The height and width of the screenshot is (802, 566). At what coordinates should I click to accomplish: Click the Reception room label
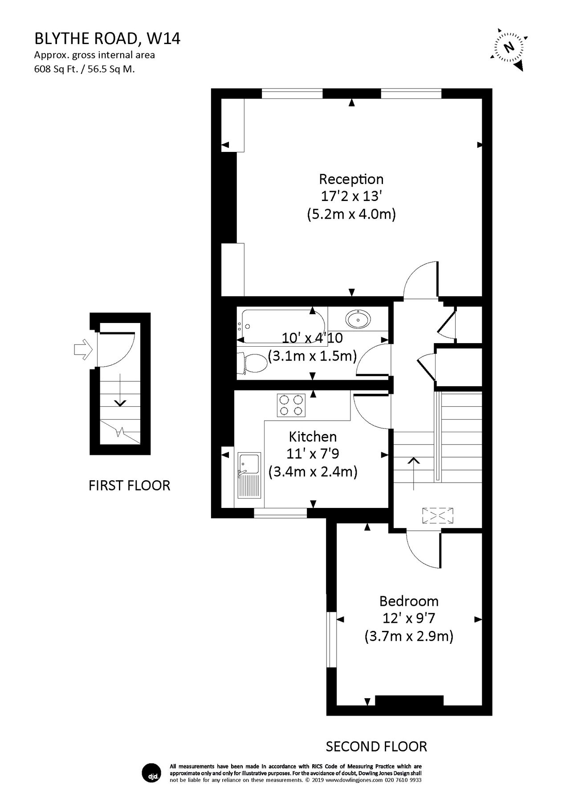coord(351,179)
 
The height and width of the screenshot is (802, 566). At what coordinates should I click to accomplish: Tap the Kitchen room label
coord(313,436)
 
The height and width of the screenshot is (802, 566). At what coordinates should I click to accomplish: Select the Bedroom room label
coord(409,601)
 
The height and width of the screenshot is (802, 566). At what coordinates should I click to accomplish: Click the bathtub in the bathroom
coord(276,325)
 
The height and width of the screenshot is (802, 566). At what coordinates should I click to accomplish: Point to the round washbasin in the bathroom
coord(358,319)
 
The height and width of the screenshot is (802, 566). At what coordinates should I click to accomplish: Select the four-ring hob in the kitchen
coord(291,405)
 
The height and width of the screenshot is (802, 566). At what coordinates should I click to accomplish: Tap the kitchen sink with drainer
coord(249,475)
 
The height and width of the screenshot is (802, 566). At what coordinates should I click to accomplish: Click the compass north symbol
coord(508,47)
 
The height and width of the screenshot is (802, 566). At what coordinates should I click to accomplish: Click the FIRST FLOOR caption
coord(129,485)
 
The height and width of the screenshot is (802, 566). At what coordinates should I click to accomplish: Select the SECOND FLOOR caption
coord(376,746)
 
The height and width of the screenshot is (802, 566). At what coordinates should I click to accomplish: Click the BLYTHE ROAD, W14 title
coord(107,39)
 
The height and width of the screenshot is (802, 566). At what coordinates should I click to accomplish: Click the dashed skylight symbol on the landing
coord(438,516)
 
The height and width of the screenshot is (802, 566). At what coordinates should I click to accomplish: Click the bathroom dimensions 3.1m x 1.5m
coord(312,356)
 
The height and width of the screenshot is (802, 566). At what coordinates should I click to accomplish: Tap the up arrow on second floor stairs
coord(414,472)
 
